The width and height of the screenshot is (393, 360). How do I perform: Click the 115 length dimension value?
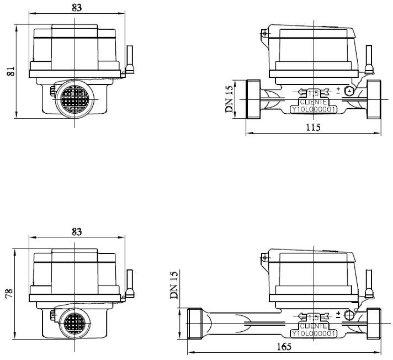[314, 128]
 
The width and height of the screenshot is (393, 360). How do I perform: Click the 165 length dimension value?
[284, 347]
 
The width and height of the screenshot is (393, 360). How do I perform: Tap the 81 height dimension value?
[10, 71]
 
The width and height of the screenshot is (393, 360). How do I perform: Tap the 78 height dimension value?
[9, 294]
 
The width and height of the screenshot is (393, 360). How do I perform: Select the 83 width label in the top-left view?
[77, 8]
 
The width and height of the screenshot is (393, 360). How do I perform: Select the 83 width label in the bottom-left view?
[77, 232]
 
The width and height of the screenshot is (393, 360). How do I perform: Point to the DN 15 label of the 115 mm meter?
[229, 99]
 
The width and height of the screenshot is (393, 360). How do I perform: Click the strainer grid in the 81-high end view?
[75, 99]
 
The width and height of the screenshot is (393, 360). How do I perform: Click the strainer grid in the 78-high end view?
[75, 324]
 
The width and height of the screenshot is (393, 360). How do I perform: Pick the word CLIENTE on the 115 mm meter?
[314, 102]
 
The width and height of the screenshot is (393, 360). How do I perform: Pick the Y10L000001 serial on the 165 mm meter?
[314, 333]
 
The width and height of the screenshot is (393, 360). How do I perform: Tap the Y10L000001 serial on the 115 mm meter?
[314, 109]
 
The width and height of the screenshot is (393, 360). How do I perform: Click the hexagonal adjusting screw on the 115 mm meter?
[349, 91]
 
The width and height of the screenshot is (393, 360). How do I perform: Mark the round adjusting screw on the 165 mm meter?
[349, 315]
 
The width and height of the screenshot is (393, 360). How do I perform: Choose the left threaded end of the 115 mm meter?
[253, 99]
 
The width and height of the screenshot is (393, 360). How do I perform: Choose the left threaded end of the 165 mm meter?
[195, 324]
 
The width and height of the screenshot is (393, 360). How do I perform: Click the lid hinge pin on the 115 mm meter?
[264, 33]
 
